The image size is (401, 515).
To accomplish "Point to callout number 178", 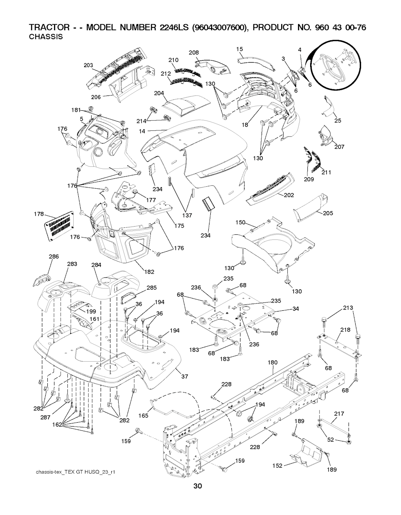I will coord(39,213).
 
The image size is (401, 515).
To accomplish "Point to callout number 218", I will coord(345,330).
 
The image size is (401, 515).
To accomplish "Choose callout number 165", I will coord(144,416).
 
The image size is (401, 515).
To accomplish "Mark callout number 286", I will coord(54,257).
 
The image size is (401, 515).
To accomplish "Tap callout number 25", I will coord(338,121).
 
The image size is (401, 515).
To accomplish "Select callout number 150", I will coord(240,222).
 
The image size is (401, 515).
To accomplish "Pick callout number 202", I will coord(289,195).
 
